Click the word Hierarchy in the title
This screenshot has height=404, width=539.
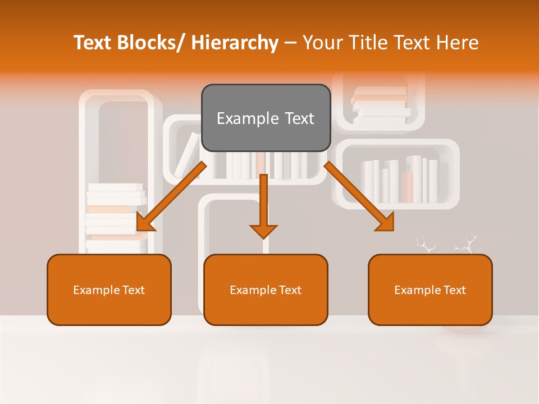pos(235,43)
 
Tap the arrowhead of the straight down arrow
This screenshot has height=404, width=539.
pos(263,231)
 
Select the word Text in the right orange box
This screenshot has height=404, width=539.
pos(454,290)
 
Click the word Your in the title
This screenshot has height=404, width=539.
pos(322,43)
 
